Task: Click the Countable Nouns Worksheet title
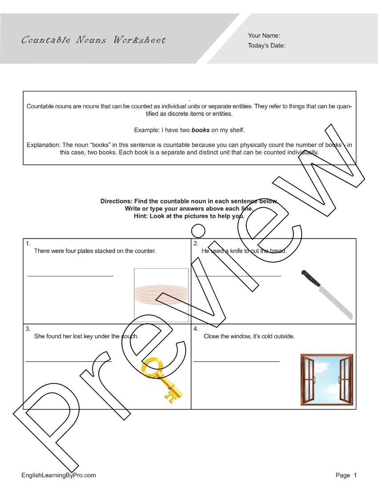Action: [93, 40]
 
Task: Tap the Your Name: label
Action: [264, 36]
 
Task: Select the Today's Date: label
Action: [266, 45]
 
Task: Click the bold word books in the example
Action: [200, 130]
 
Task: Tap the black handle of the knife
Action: [310, 278]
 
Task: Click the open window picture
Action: [327, 380]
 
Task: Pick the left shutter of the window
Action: [308, 380]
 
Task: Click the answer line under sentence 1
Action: [70, 276]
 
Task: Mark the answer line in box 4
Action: [237, 361]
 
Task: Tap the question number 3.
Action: [28, 329]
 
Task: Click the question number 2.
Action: [196, 243]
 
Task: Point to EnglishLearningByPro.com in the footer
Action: [59, 475]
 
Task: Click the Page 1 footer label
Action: [346, 475]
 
